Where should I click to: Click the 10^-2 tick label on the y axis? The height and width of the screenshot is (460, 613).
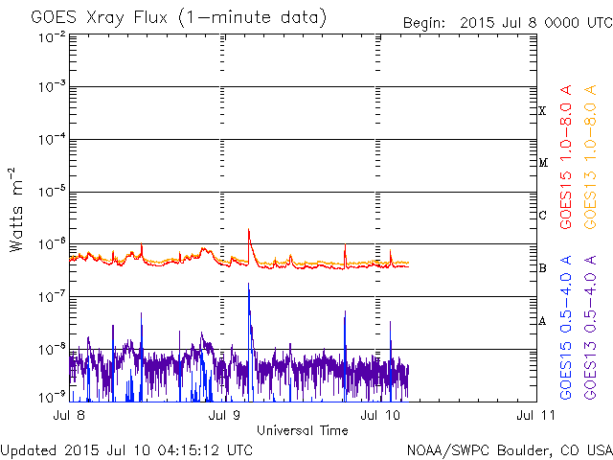pos(50,36)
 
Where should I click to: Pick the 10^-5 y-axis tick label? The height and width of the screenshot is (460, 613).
pos(50,191)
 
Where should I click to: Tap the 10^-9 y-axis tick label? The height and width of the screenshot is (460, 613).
pos(50,395)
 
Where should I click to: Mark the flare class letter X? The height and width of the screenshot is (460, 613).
pos(542,111)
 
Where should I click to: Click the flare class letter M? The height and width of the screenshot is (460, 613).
pos(542,163)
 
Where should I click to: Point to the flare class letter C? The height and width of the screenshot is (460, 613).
pos(542,215)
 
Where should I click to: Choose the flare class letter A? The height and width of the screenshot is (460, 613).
pos(542,320)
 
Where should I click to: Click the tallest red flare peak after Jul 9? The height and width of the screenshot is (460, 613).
pos(249,230)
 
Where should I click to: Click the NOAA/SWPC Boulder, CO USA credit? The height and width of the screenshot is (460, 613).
pos(509,449)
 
